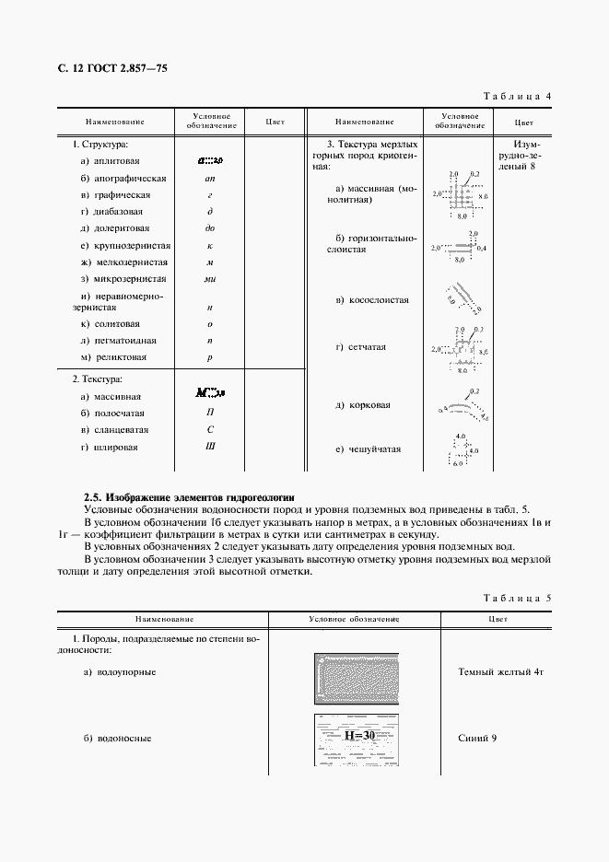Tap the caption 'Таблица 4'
pos(517,96)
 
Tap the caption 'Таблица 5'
pos(517,598)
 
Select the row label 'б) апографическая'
pos(123,178)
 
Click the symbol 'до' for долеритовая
pos(210,228)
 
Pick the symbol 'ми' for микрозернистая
pos(210,279)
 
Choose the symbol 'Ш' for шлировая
pos(210,447)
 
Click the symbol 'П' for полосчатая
pos(210,414)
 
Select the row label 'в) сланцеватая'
pos(115,430)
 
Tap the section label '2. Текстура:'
pos(98,379)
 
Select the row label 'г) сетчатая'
pos(361,347)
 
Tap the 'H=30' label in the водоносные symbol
pos(358,736)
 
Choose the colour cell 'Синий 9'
pos(477,739)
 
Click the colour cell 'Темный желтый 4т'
pos(501,672)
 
